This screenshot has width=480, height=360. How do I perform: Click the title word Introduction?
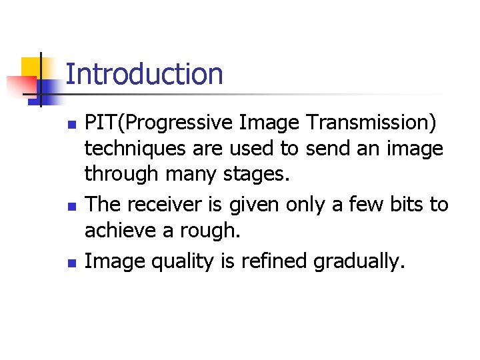pyautogui.click(x=144, y=74)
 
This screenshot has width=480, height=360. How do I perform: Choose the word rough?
pyautogui.click(x=199, y=231)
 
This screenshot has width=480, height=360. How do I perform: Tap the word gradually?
pyautogui.click(x=358, y=261)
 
